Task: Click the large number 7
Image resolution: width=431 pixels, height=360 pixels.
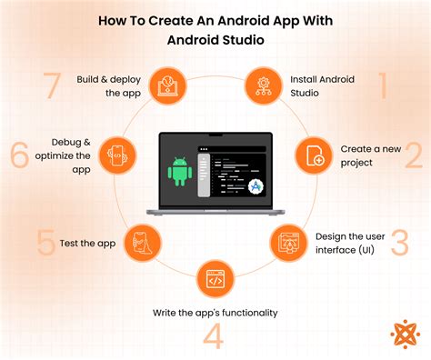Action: [x=52, y=85]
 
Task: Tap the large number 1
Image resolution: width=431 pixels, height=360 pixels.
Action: [x=383, y=85]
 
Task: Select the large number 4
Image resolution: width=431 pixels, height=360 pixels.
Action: [x=214, y=335]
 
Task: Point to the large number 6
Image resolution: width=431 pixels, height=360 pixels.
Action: [x=20, y=155]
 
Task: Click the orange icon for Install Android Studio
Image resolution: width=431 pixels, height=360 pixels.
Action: [x=264, y=86]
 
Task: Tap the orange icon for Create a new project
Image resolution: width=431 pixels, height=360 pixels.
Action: [x=315, y=155]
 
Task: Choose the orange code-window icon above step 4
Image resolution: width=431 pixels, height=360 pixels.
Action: [x=215, y=279]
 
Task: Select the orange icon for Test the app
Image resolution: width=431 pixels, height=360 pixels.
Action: [x=143, y=243]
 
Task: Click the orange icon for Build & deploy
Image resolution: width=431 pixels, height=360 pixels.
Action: [x=167, y=86]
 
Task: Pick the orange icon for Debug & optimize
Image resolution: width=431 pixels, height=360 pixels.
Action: [x=117, y=155]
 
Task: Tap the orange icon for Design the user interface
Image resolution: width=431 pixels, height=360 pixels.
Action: [x=289, y=243]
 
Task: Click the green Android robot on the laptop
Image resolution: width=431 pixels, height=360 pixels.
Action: [x=180, y=172]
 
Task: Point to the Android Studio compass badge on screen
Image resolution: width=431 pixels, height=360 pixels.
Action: [x=256, y=186]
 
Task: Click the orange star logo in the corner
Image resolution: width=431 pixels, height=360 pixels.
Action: [x=406, y=334]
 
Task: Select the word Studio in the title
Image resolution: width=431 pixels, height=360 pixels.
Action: [x=243, y=40]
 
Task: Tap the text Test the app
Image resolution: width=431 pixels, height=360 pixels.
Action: [x=87, y=244]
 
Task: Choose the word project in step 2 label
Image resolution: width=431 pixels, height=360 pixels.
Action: [x=356, y=164]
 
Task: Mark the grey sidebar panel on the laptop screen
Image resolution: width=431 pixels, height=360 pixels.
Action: [x=204, y=175]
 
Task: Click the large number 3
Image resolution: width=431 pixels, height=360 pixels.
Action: [x=400, y=243]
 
